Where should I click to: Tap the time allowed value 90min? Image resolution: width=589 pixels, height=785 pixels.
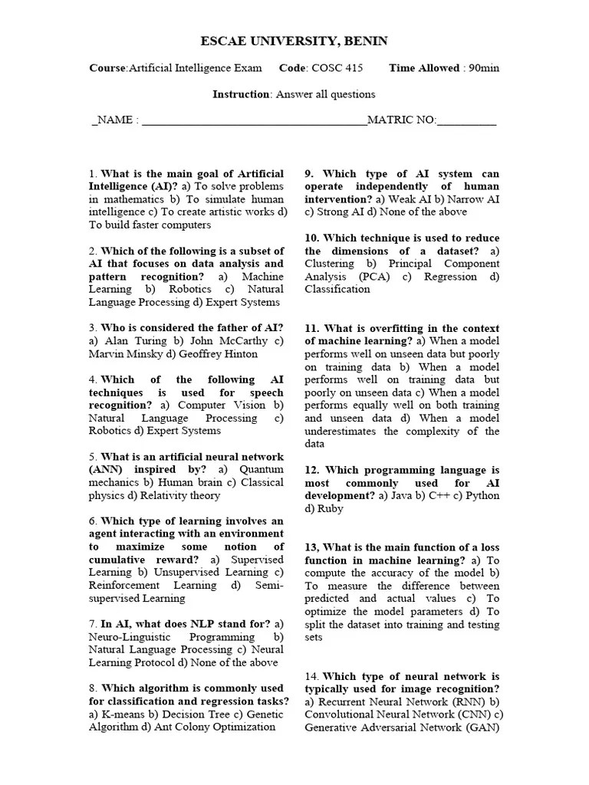pos(484,68)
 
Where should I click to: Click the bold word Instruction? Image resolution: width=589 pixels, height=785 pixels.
pos(241,94)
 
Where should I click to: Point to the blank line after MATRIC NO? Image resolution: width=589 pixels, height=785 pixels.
pos(466,121)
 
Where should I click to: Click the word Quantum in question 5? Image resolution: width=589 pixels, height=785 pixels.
pos(262,469)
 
